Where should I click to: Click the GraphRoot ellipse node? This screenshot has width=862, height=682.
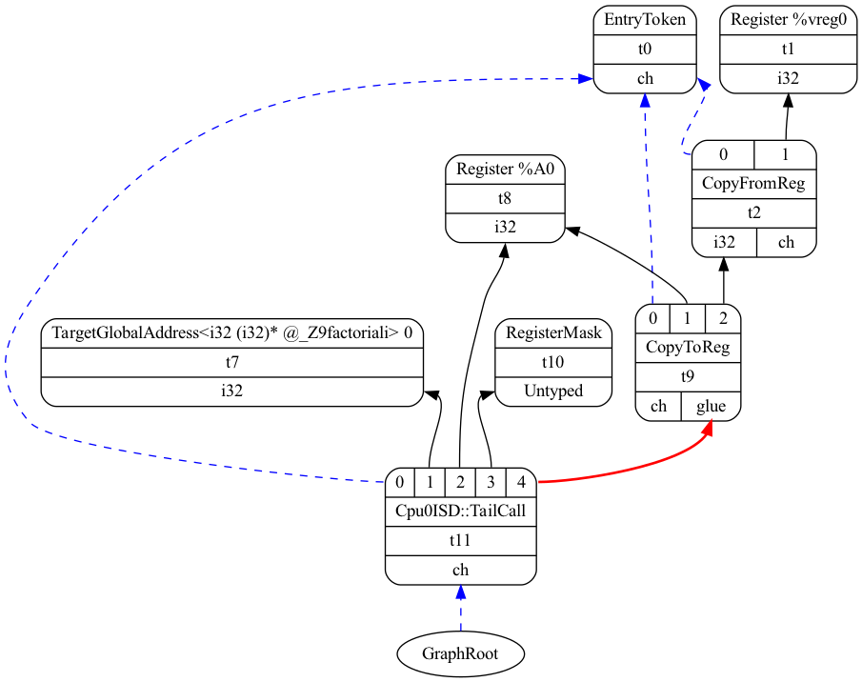click(461, 653)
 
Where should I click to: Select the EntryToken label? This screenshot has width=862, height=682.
click(645, 19)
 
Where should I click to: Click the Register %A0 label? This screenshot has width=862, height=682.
click(505, 170)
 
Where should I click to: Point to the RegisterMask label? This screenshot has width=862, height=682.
click(553, 333)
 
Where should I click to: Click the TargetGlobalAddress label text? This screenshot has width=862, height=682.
click(232, 333)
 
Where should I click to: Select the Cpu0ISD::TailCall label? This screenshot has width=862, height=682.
click(461, 511)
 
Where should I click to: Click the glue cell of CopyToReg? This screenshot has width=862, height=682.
click(711, 407)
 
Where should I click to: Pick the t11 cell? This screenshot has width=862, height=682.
click(461, 540)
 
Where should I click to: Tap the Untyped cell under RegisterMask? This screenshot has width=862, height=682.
click(553, 391)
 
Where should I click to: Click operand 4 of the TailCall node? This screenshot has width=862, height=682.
click(522, 482)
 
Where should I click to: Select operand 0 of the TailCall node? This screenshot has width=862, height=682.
click(400, 482)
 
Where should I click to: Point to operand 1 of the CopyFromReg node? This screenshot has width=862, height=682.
click(785, 154)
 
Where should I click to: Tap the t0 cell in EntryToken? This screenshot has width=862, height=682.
click(645, 50)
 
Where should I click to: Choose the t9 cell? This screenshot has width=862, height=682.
click(688, 376)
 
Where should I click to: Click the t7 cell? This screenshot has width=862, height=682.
click(232, 362)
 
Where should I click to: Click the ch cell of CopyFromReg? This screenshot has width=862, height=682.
click(786, 242)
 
